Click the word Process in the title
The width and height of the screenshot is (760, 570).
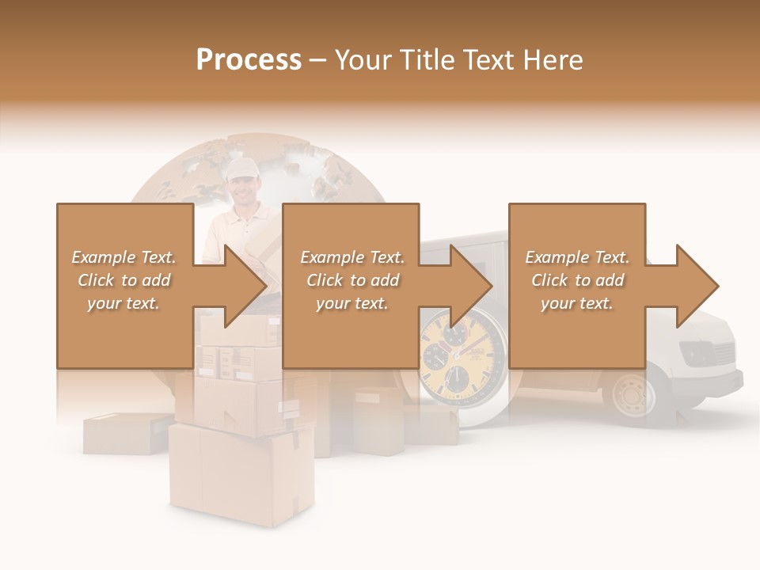coord(249,60)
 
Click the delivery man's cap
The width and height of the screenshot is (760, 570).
coord(241,167)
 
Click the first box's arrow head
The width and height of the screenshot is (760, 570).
coord(245,286)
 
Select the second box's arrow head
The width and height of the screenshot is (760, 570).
coord(472,286)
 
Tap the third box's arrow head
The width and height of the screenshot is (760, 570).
coord(697,286)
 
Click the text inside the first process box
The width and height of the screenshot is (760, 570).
coord(124,280)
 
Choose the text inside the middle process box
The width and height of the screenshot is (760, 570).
coord(352,280)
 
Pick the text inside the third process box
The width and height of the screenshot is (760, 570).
coord(577,280)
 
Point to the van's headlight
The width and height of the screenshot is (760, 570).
coord(697,352)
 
